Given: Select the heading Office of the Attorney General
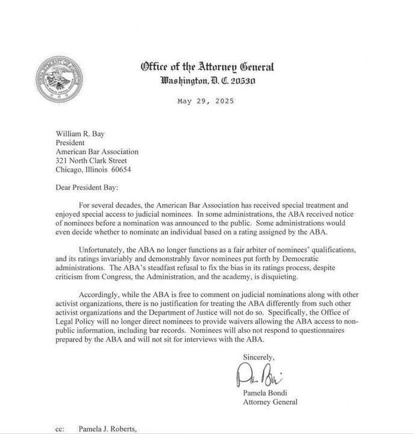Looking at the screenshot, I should (207, 68).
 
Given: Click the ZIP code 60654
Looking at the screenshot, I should (119, 169).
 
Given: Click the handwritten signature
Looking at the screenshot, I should (262, 377).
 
